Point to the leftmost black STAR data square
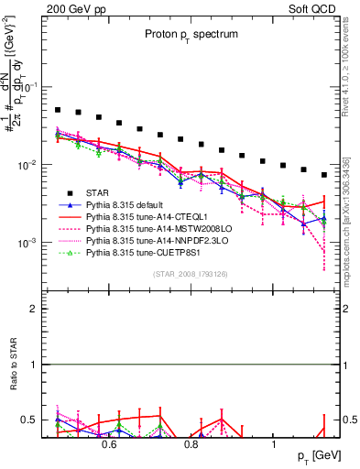tap(58, 110)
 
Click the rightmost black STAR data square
tap(323, 175)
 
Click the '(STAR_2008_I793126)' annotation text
tap(190, 273)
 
